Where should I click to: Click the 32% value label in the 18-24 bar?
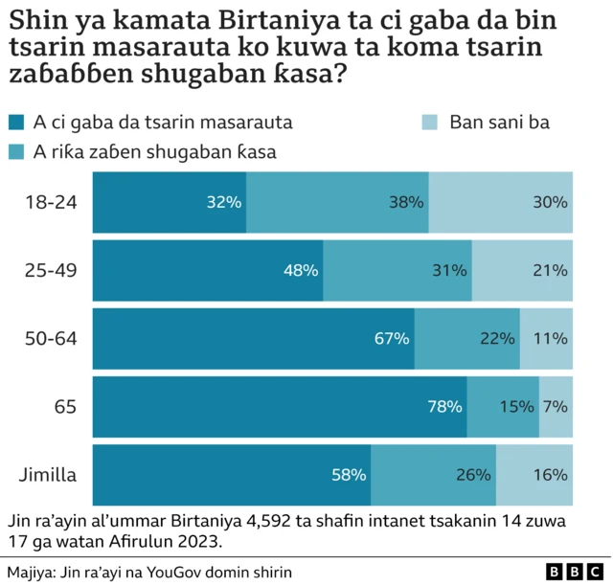click(x=224, y=203)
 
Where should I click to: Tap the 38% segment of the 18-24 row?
click(x=337, y=203)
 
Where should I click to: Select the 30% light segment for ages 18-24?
click(x=501, y=203)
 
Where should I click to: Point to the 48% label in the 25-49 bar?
click(x=301, y=271)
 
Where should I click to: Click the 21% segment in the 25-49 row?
click(x=523, y=271)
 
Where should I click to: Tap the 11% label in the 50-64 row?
click(x=551, y=339)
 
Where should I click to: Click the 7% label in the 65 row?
click(x=556, y=407)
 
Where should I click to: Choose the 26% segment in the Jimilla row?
click(x=433, y=475)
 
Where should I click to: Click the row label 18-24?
click(x=51, y=203)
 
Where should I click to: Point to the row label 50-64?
click(x=51, y=339)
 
